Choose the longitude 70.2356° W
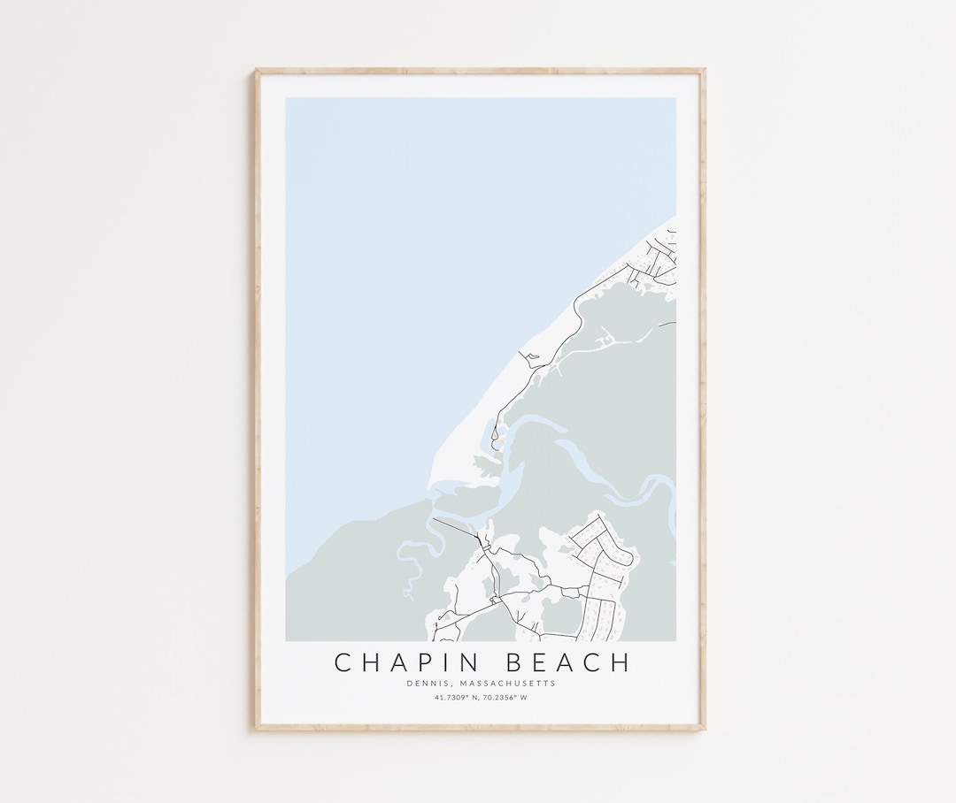click(505, 697)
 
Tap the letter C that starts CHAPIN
click(342, 662)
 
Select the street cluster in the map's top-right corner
click(658, 256)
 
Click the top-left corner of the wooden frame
click(257, 71)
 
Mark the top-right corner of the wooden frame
click(704, 71)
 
